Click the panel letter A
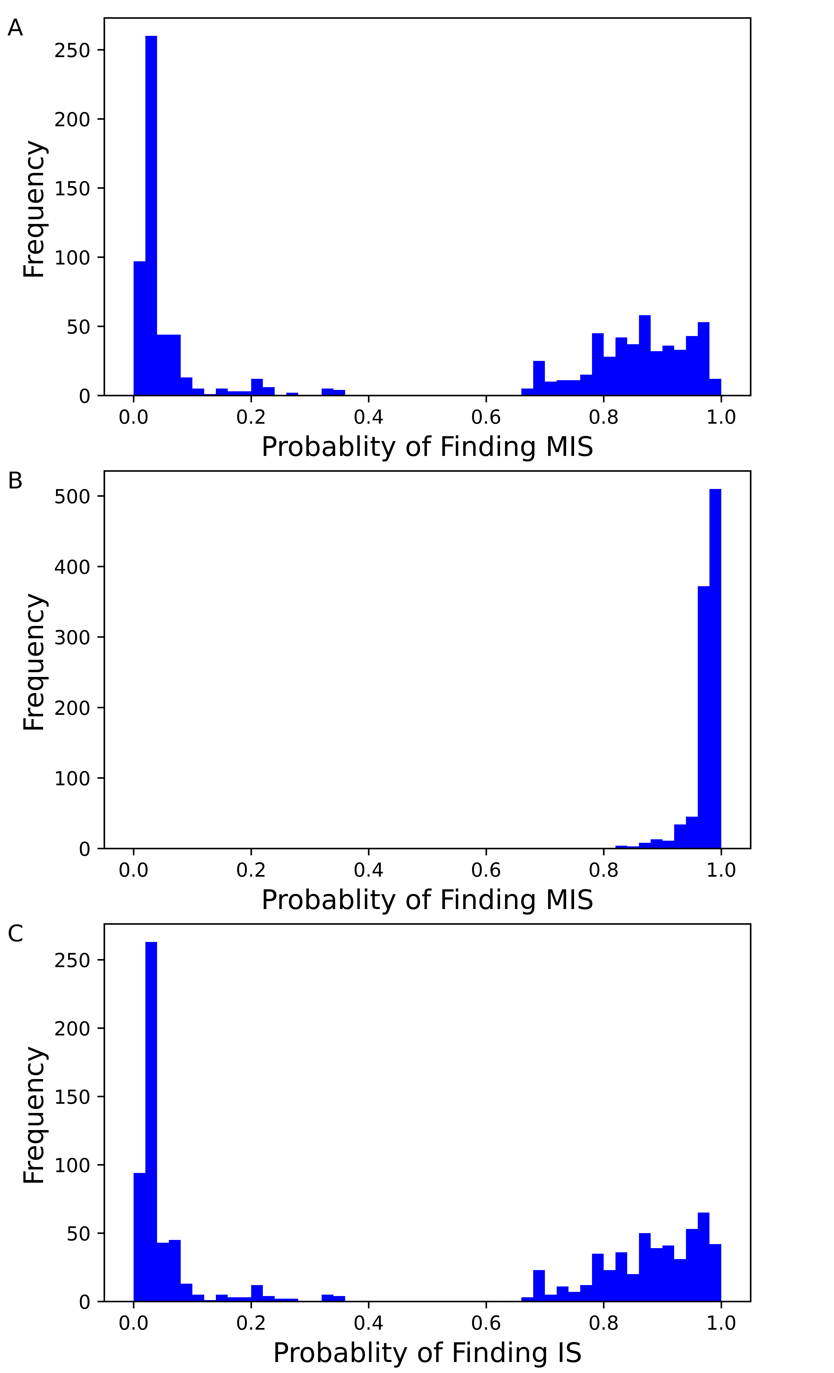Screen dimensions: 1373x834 (x=15, y=28)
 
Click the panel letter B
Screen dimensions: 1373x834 (x=15, y=480)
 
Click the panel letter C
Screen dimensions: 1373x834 (x=15, y=933)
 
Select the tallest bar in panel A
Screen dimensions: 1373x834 (x=151, y=217)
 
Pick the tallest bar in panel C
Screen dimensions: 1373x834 (x=151, y=1120)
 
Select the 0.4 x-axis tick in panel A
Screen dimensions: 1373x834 (x=368, y=417)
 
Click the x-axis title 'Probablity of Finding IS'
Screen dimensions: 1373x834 (x=427, y=1353)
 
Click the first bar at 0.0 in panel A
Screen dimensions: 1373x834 (x=139, y=329)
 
